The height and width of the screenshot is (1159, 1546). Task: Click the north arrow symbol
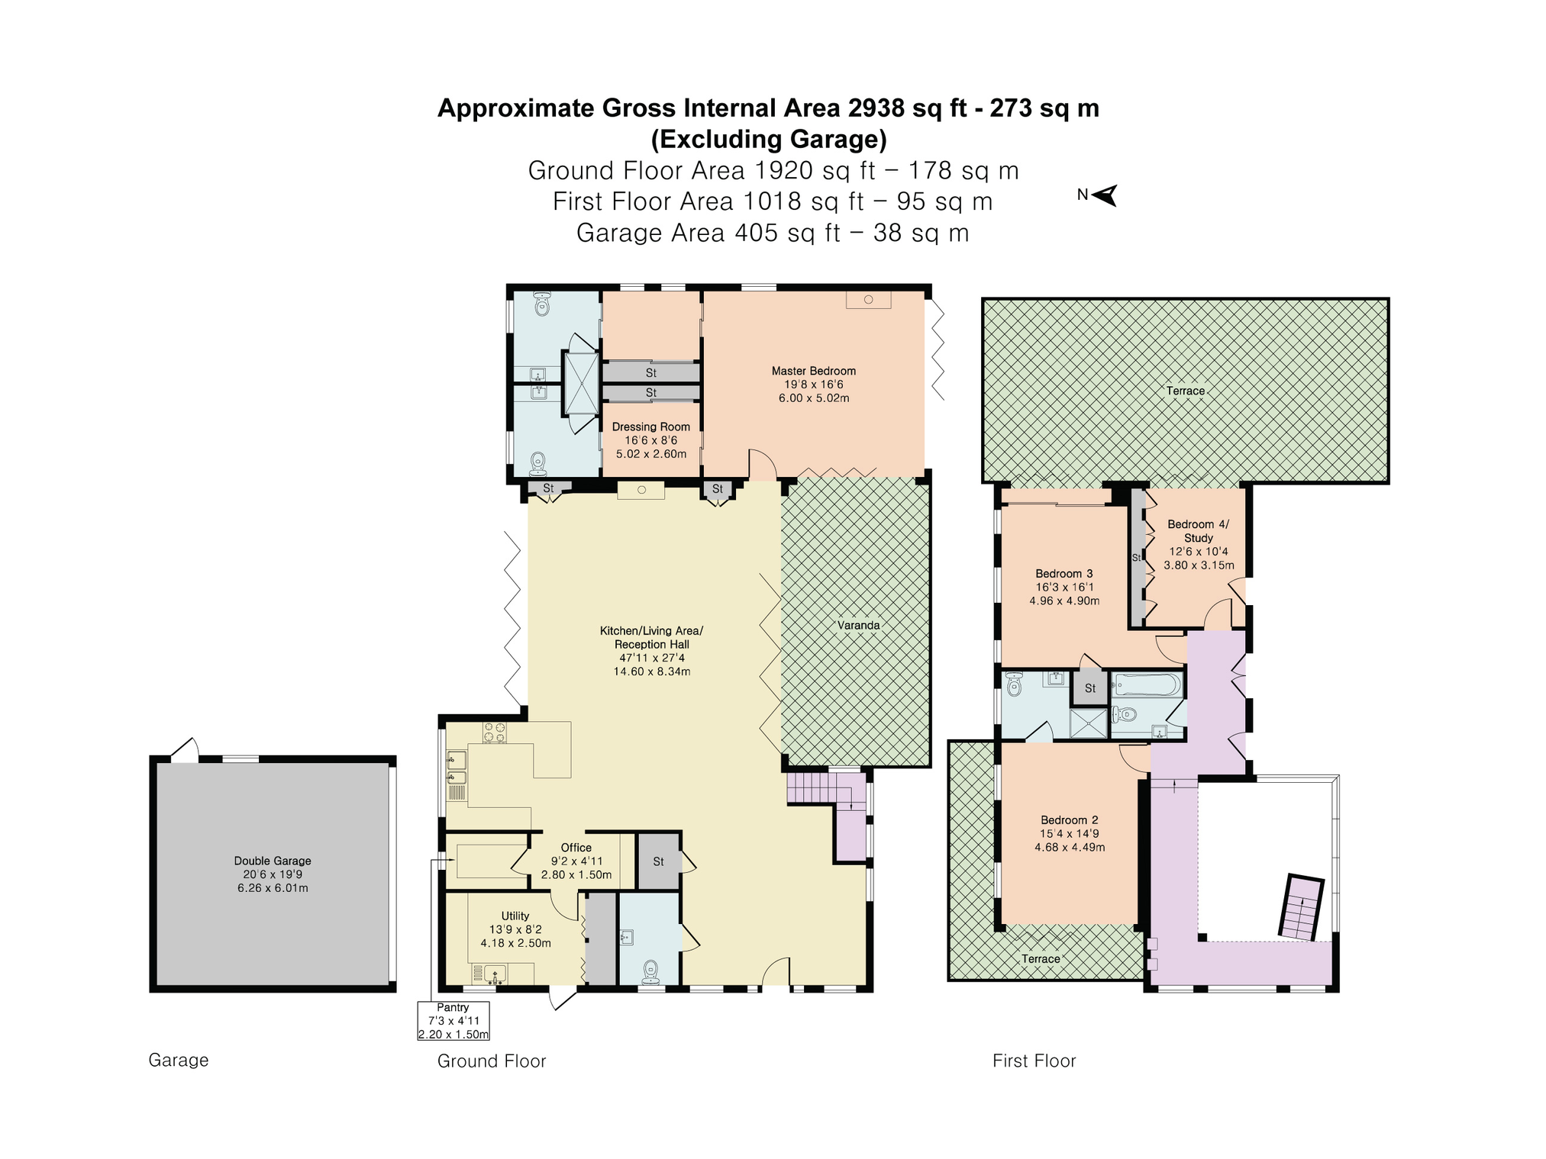coord(1105,195)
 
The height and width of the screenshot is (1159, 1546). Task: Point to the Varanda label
coord(859,625)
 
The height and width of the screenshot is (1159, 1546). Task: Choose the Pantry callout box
coord(453,1020)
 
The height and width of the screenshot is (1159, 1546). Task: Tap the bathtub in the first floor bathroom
coord(1147,684)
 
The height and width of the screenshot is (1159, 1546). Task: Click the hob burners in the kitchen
coord(494,732)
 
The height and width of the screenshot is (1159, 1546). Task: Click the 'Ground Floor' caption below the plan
coord(492,1061)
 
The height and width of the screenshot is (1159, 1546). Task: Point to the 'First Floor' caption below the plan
coord(1034,1061)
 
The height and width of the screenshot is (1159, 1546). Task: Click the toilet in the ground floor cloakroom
coord(650,972)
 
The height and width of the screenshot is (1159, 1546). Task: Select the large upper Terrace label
coord(1186,391)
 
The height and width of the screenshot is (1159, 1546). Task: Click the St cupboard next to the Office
coord(659,861)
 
